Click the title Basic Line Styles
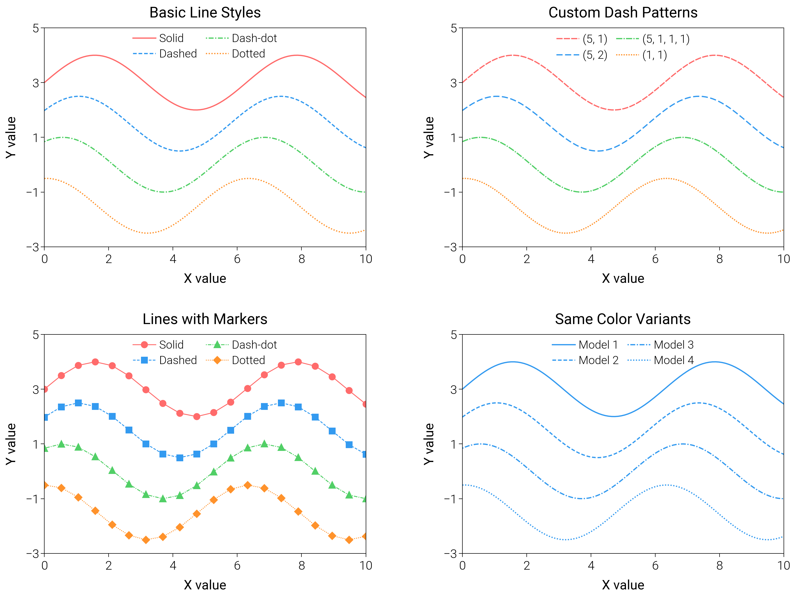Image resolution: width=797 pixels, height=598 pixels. tap(205, 13)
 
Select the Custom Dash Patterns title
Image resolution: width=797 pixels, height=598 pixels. tap(623, 13)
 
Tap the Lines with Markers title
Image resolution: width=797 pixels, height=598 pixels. tap(205, 319)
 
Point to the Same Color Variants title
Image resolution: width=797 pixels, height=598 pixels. tap(623, 319)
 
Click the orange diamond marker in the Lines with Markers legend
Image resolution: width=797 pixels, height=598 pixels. tap(217, 360)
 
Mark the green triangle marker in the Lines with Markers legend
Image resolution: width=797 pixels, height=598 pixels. tap(217, 345)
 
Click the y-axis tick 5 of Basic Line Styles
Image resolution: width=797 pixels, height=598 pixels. tap(36, 28)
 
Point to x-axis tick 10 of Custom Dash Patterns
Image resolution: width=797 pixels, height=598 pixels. tap(783, 259)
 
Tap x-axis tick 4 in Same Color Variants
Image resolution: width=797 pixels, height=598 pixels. tap(591, 565)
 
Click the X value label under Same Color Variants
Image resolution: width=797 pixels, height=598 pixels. tap(623, 585)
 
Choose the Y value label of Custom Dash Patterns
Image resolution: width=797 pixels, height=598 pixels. tap(428, 137)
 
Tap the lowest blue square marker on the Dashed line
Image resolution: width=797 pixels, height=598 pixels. tap(180, 458)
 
